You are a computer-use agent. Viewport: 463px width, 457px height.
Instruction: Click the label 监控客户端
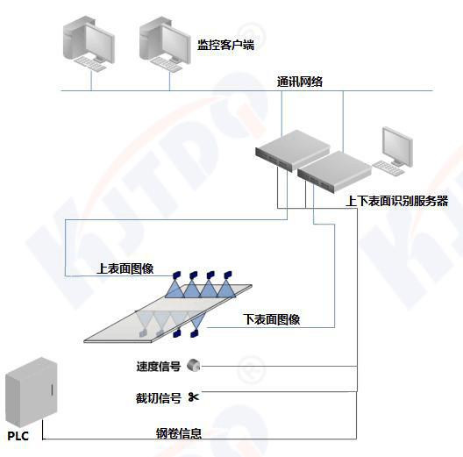225,45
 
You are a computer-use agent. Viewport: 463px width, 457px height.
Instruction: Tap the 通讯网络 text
300,82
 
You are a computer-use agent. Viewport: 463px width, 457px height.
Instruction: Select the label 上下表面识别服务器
397,201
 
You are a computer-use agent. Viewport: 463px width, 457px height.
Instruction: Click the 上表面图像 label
125,268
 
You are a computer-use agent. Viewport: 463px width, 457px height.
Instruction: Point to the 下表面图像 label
271,319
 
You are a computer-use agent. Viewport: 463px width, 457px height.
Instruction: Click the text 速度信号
159,367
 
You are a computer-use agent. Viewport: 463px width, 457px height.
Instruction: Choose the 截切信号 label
158,398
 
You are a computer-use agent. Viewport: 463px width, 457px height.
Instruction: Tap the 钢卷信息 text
179,433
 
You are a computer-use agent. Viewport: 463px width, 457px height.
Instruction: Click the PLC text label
18,436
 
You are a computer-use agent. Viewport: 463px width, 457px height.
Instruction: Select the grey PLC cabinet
32,391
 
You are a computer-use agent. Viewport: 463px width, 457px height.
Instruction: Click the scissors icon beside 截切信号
194,397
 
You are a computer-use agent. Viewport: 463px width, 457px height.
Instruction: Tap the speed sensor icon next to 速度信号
194,365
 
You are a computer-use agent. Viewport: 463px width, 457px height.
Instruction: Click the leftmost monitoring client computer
89,44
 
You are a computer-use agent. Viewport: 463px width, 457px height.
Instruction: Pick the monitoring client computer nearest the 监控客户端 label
166,44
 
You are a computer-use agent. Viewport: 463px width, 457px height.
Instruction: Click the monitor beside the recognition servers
397,146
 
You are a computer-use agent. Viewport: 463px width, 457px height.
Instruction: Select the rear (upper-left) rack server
292,150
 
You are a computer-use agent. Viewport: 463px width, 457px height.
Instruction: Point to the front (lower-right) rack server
334,171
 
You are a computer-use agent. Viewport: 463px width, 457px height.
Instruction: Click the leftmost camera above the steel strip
176,275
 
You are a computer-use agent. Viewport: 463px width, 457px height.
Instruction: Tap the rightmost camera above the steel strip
228,275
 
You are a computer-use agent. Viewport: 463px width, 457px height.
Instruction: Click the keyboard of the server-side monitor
388,168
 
